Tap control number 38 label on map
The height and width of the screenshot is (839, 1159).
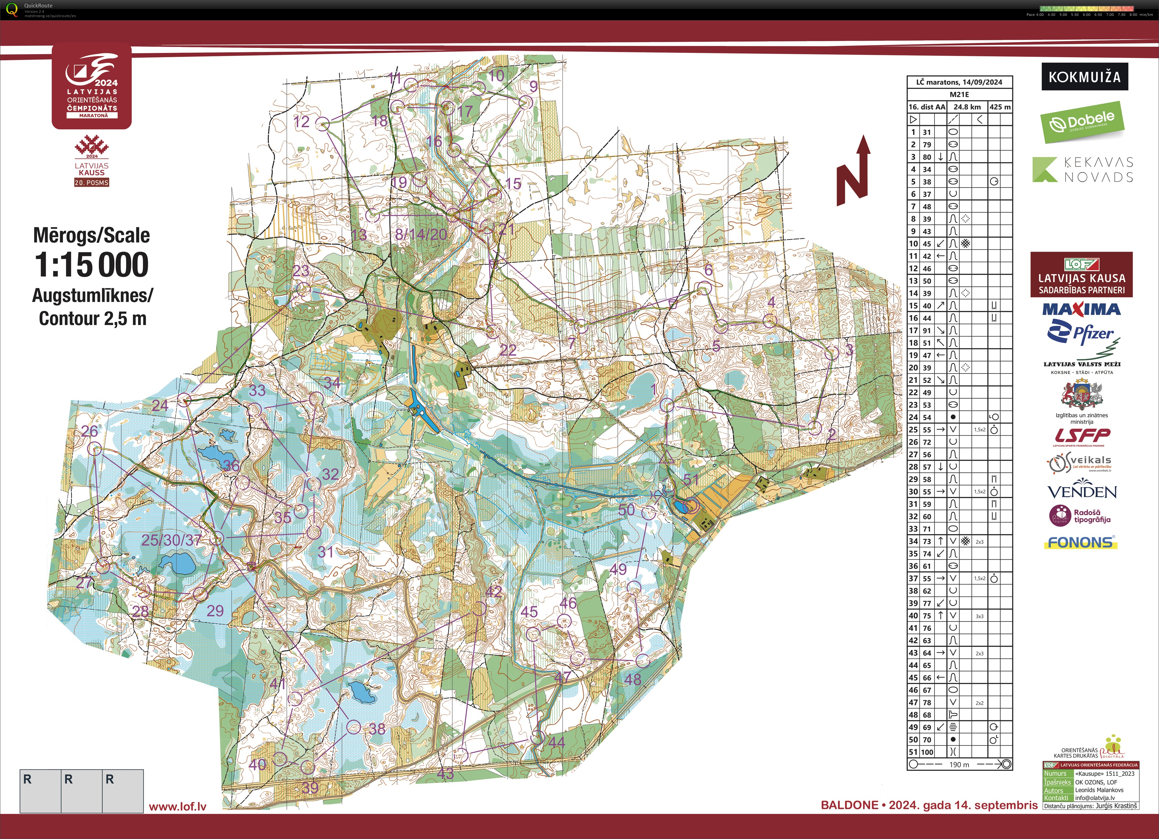tap(377, 729)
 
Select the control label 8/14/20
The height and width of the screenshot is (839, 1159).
tap(421, 234)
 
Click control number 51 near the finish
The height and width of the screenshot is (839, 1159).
tap(691, 479)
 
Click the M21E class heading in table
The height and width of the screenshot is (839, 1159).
tap(959, 95)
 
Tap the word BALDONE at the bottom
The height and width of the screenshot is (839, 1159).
tap(849, 805)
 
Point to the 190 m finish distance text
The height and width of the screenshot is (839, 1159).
tap(959, 764)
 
